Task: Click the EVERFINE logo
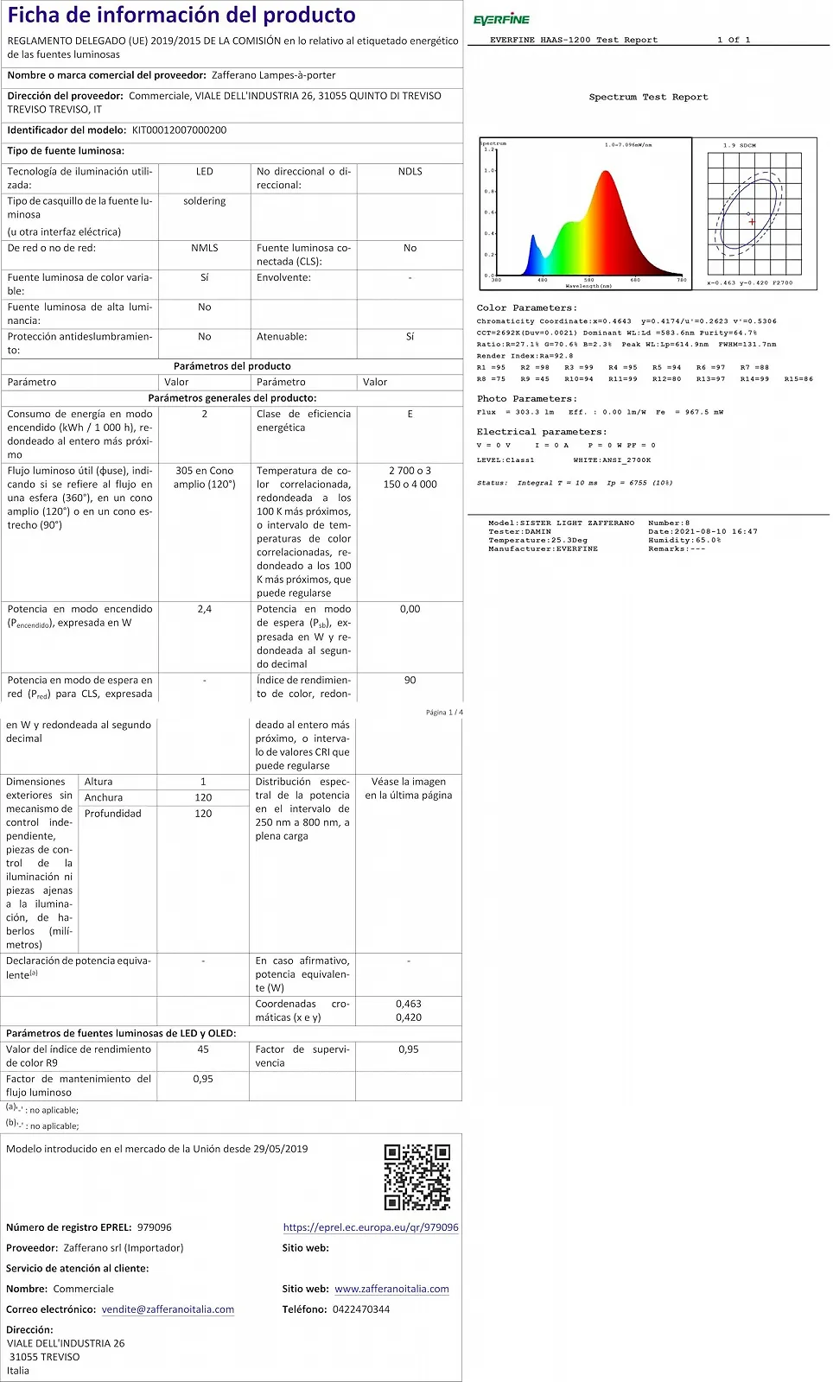(x=501, y=19)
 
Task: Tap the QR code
(x=417, y=1176)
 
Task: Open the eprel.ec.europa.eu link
(x=371, y=1227)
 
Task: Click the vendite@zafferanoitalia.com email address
(x=168, y=1309)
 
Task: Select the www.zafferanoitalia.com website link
(x=391, y=1289)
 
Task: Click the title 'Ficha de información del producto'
(x=181, y=15)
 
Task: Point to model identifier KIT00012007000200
(x=179, y=130)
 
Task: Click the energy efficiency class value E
(x=410, y=415)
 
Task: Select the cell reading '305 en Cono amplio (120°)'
(x=204, y=478)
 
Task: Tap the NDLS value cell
(x=410, y=172)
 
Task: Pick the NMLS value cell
(x=204, y=248)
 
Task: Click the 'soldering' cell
(x=204, y=201)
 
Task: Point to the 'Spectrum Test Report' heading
(x=648, y=97)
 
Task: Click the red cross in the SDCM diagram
(x=752, y=222)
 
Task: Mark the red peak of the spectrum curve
(x=605, y=173)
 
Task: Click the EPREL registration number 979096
(x=154, y=1227)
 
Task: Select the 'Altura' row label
(x=99, y=782)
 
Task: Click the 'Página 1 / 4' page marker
(x=444, y=713)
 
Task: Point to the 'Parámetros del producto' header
(x=232, y=366)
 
